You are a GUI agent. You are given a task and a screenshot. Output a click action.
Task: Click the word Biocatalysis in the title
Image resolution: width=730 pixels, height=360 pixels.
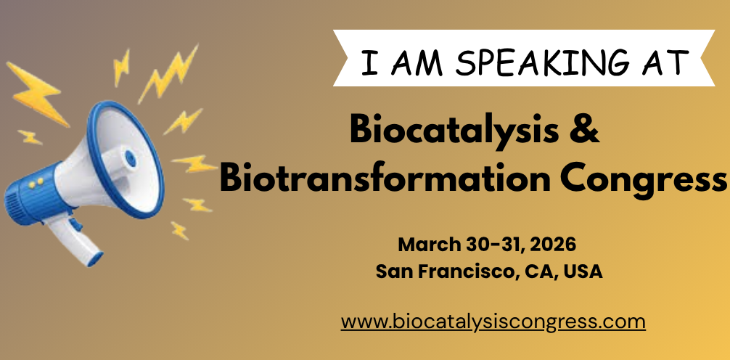(x=454, y=131)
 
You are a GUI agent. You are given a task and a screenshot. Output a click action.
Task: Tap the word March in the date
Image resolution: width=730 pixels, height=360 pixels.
(x=429, y=245)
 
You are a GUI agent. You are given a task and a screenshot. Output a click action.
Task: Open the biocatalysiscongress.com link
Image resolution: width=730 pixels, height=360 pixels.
(x=493, y=322)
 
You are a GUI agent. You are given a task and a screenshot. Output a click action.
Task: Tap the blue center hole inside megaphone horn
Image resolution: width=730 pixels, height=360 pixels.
(x=131, y=159)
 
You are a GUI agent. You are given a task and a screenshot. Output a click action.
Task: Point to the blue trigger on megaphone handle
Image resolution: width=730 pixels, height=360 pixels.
(x=75, y=223)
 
